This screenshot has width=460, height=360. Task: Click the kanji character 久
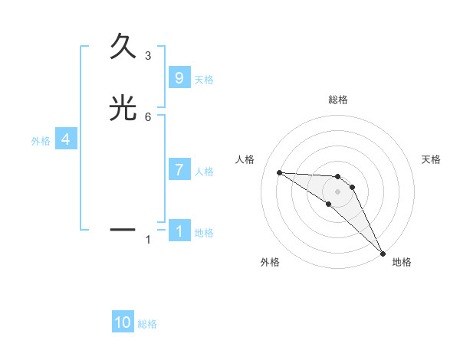pos(123,47)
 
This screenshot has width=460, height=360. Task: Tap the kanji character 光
pos(123,110)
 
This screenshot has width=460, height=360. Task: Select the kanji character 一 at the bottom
pos(123,228)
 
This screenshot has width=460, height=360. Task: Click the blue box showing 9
pos(179,78)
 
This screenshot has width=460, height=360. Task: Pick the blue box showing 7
pos(179,170)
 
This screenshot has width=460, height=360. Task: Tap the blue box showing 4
pos(65,139)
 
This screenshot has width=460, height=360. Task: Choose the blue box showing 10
pos(123,322)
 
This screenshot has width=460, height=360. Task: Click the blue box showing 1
pos(179,231)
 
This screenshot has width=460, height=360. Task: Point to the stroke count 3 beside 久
pos(148,55)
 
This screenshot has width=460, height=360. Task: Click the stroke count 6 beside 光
pos(148,116)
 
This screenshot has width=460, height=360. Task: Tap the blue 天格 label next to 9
pos(204,80)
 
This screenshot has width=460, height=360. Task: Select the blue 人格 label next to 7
pos(204,172)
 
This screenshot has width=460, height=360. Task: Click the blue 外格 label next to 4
pos(41,141)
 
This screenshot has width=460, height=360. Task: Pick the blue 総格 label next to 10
pos(147,324)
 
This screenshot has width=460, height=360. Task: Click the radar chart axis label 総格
pos(338,100)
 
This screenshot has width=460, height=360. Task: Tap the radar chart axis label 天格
pos(431,159)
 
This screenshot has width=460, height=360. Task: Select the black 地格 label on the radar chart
pos(402,262)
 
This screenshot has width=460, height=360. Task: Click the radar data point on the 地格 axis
pos(382,252)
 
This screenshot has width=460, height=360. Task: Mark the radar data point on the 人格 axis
pos(279,172)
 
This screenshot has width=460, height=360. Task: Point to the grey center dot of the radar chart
pos(337,191)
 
